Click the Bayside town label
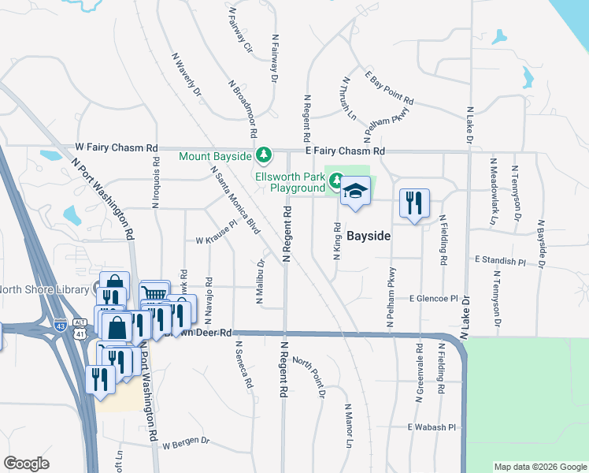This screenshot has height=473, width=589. tap(369, 236)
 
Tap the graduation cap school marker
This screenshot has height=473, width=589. tap(355, 192)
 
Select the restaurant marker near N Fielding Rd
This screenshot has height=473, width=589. tap(413, 204)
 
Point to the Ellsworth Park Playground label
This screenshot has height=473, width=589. tap(289, 182)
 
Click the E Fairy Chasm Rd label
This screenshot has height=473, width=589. tap(345, 151)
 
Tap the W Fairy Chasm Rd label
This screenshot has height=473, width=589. tap(117, 147)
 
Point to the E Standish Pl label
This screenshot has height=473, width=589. tap(499, 259)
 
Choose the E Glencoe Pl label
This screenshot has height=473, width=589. tap(433, 299)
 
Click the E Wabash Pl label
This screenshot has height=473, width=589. tap(432, 427)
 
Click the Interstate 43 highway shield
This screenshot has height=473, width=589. tap(61, 324)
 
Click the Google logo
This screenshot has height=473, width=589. tap(26, 463)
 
